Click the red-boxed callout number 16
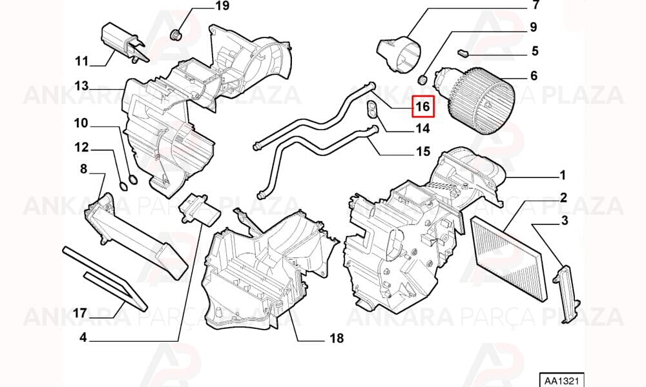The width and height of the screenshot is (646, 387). point(422,106)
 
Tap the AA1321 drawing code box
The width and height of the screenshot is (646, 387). point(561,380)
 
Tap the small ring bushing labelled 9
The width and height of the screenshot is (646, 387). point(422,79)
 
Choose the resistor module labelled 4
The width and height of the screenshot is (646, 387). point(200,210)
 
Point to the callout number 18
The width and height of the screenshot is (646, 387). point(337,339)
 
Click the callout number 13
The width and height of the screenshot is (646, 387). point(81,86)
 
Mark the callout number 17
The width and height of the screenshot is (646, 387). point(79,313)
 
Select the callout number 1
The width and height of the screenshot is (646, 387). point(563,175)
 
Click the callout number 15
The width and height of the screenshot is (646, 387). point(422,152)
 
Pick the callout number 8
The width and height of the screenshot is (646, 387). point(83,168)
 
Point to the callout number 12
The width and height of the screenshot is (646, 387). point(81,147)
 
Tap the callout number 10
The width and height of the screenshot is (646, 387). point(81,123)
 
